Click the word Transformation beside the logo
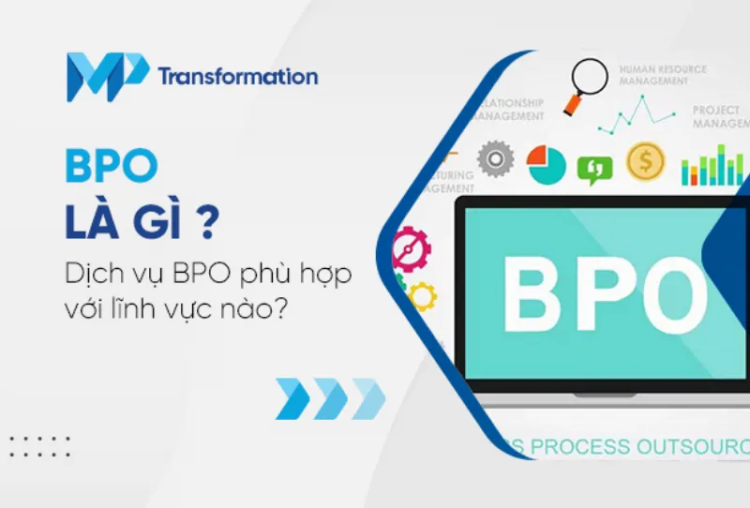coord(238,77)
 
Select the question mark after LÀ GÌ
coord(214,222)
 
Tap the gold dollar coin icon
coord(645,161)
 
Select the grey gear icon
coord(495,159)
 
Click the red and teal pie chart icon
coord(546,164)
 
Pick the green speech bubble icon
coord(594,167)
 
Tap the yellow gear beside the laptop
coord(422,296)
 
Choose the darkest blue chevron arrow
coord(293,398)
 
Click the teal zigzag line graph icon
coord(637,115)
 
